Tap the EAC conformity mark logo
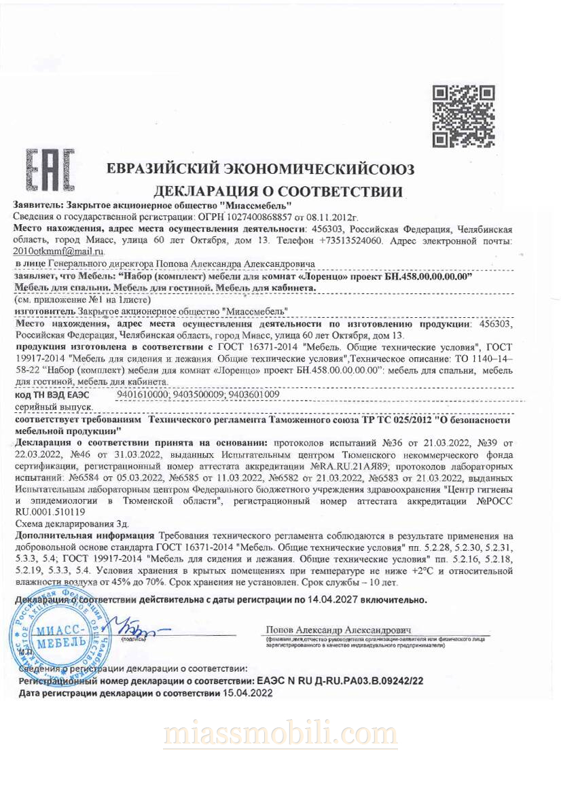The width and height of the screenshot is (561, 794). [50, 169]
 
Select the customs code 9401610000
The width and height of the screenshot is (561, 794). [142, 393]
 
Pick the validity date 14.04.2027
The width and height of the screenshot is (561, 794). [331, 600]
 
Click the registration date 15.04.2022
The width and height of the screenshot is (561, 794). [247, 693]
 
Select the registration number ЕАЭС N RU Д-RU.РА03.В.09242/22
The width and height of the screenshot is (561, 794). [339, 680]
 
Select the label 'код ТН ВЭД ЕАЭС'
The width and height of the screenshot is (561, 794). [52, 394]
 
